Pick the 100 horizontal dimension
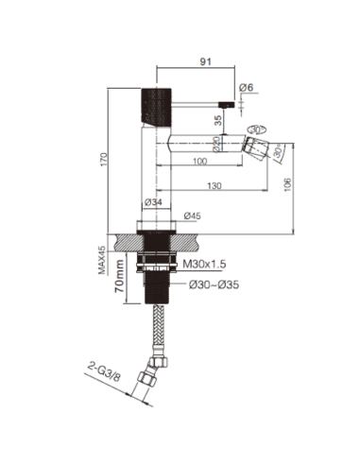199,163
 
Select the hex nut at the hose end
146,381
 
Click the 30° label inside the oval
254,129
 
